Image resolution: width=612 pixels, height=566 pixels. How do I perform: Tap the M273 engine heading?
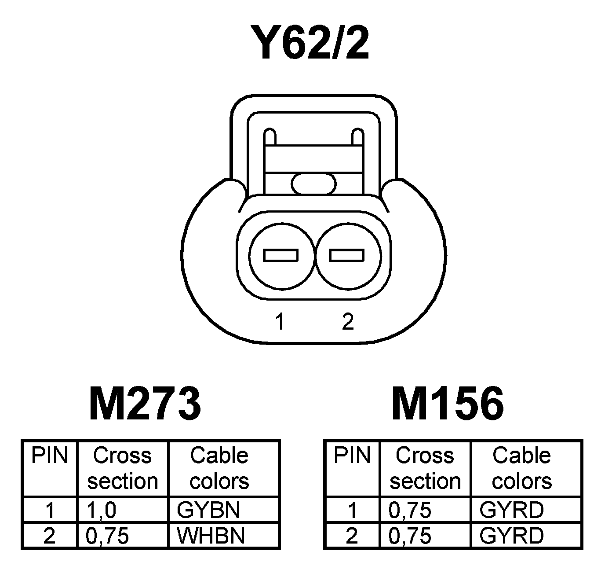(145, 403)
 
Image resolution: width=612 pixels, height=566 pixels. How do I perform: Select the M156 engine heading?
(447, 403)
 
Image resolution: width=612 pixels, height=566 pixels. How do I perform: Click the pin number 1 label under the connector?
(280, 322)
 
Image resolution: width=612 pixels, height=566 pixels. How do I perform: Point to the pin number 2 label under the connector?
(347, 322)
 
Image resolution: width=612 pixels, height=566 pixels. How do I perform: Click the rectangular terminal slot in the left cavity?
(280, 255)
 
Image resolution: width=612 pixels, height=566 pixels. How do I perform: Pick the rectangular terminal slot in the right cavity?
(347, 255)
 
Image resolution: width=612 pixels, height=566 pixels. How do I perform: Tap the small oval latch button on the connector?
(314, 184)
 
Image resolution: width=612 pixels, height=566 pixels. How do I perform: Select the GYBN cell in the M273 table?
(208, 510)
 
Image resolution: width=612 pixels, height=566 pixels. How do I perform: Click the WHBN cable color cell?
(210, 536)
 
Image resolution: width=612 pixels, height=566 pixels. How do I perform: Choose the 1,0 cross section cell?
(102, 510)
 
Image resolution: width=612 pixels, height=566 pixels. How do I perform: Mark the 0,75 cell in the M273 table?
(107, 536)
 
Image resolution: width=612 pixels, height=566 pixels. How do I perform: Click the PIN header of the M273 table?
(50, 456)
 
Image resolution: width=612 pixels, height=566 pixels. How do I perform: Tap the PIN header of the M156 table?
(352, 456)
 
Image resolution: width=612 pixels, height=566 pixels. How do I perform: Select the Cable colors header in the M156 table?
(521, 468)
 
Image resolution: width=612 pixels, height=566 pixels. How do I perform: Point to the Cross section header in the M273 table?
(122, 468)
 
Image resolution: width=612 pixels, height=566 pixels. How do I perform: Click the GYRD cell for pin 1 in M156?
(511, 510)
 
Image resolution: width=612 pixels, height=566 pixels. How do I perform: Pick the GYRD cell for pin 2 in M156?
(511, 536)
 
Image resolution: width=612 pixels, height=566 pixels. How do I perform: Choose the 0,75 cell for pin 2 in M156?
(410, 536)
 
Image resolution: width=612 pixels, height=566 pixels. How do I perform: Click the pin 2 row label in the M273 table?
(49, 536)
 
